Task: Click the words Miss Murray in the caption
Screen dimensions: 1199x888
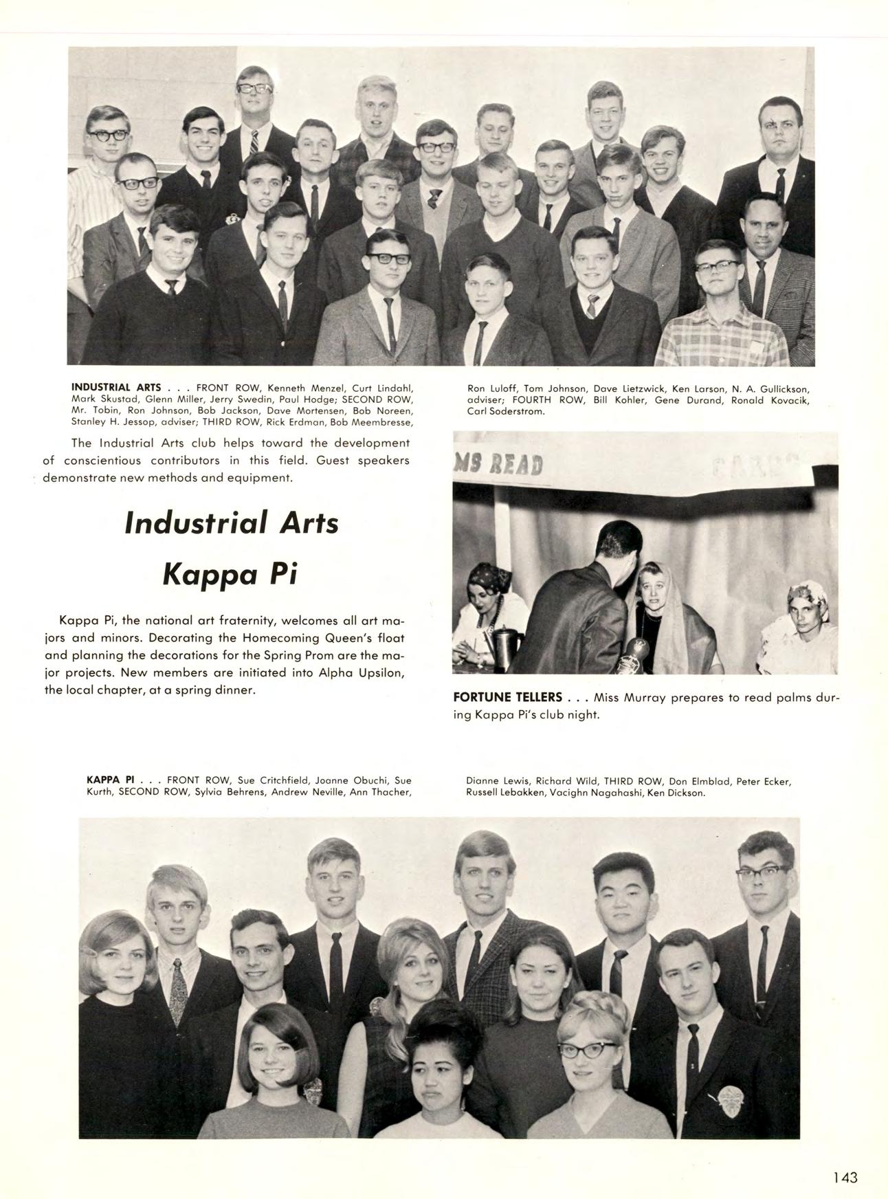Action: [623, 697]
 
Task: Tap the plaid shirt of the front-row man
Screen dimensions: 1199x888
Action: [722, 340]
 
